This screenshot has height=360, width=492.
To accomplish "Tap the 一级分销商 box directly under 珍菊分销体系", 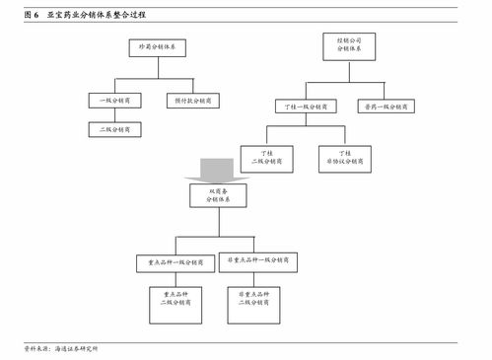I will pyautogui.click(x=115, y=101).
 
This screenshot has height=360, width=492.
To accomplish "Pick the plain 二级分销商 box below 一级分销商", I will pyautogui.click(x=115, y=129).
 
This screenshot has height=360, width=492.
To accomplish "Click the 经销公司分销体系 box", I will pyautogui.click(x=343, y=45).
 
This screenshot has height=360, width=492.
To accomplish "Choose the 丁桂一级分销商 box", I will pyautogui.click(x=307, y=106).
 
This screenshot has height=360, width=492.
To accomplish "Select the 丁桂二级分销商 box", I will pyautogui.click(x=266, y=158).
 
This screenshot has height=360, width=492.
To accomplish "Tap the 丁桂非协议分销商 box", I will pyautogui.click(x=344, y=158).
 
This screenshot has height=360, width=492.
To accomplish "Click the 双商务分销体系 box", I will pyautogui.click(x=218, y=194).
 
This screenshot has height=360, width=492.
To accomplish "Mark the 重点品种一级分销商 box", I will pyautogui.click(x=176, y=263).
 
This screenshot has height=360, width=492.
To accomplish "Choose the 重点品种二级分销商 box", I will pyautogui.click(x=176, y=306).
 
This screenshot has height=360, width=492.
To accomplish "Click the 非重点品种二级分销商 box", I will pyautogui.click(x=256, y=306).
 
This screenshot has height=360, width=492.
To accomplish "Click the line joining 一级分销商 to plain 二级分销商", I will pyautogui.click(x=115, y=114).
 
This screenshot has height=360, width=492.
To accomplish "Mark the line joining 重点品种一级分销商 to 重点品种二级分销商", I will pyautogui.click(x=176, y=281).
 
